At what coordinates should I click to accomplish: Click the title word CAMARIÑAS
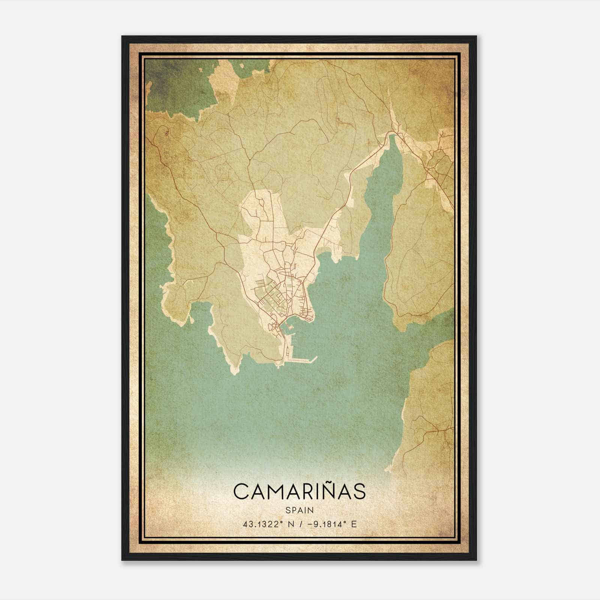[x=299, y=492]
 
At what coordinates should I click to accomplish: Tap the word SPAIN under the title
[x=299, y=510]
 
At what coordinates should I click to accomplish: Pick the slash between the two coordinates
[x=296, y=524]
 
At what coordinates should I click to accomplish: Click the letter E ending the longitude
[x=354, y=524]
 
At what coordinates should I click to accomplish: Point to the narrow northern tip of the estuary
[x=392, y=137]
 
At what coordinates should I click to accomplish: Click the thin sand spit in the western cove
[x=192, y=319]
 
